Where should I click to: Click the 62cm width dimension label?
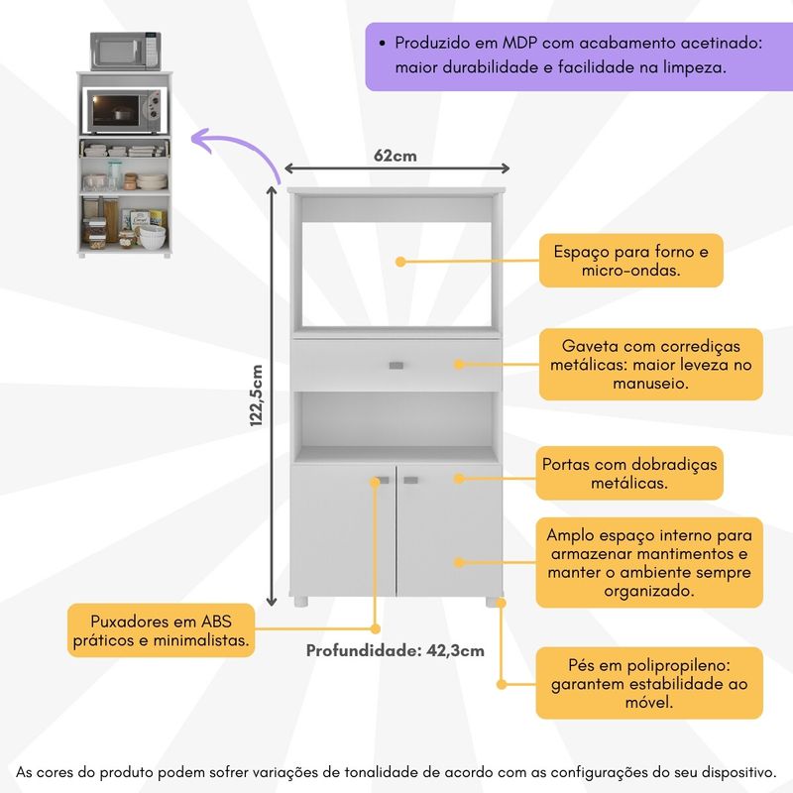point(395,156)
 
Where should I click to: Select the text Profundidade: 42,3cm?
point(395,651)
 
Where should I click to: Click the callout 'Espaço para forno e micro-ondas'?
point(630,261)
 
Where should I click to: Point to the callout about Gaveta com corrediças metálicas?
point(650,364)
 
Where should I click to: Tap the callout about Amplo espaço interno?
point(649,562)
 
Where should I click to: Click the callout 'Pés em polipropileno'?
point(649,683)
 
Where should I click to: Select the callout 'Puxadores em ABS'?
point(161,631)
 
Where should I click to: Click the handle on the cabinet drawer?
point(396,366)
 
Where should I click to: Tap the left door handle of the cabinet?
point(382,481)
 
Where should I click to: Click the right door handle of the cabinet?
point(411,481)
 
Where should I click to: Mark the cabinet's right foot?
point(491,602)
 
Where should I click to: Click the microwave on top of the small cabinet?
point(125,51)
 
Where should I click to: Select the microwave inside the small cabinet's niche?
point(124,111)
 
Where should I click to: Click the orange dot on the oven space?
point(400,262)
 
